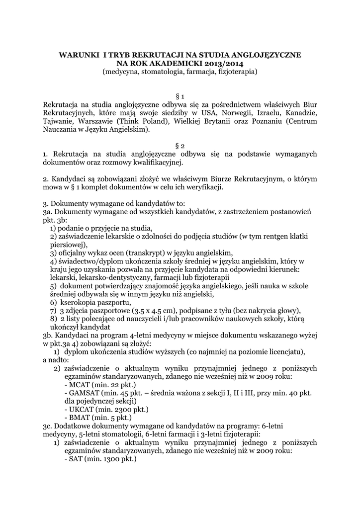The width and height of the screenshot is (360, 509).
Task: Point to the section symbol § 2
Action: [x=180, y=146]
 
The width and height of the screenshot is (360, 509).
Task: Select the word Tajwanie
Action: [x=60, y=121]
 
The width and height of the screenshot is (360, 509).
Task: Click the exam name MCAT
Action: [x=81, y=385]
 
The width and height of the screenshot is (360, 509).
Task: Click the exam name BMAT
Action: [x=81, y=418]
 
